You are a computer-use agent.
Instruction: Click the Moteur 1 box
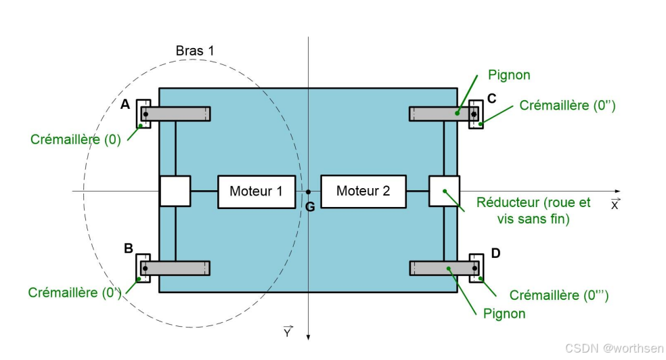256,192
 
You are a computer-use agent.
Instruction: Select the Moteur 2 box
363,191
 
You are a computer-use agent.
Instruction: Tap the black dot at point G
308,192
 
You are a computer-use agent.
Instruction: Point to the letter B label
128,248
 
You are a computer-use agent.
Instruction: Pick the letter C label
491,98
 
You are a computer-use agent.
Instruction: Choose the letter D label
495,253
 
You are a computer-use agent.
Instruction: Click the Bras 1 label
194,51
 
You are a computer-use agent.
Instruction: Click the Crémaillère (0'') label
567,106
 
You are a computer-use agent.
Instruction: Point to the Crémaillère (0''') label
559,295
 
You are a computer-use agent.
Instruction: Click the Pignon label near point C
509,74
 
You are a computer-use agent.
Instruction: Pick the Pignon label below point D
504,313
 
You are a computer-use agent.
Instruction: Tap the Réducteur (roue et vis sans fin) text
533,210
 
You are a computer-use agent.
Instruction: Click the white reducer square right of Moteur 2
444,191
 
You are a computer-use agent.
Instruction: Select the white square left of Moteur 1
175,191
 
